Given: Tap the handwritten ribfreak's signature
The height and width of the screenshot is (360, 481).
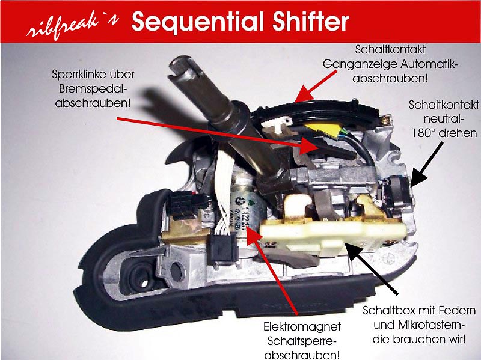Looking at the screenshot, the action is [73, 26].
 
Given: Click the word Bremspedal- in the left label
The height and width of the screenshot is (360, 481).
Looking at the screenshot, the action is [93, 89].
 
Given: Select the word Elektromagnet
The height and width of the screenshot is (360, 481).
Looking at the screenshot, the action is [302, 326].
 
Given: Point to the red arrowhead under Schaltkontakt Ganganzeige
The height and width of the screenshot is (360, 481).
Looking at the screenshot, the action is [302, 94].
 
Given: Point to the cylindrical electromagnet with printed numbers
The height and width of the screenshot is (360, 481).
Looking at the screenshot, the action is [248, 215].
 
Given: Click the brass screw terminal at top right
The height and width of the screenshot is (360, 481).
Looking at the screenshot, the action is [386, 120].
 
